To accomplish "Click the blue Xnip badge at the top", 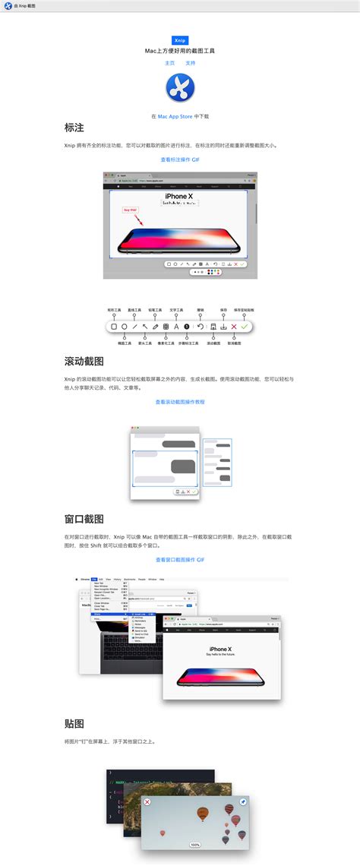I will click(180, 40).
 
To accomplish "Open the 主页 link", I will click(169, 63).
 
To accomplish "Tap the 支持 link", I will click(190, 63).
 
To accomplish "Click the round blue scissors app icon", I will click(180, 89).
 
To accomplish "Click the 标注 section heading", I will click(74, 128).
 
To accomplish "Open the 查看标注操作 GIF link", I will click(180, 160).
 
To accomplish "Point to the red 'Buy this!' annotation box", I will click(130, 210).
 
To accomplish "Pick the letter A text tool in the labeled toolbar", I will click(176, 326).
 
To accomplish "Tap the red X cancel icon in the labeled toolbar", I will click(234, 326).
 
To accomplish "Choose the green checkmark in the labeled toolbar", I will click(244, 326).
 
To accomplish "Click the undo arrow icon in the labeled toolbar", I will click(201, 326).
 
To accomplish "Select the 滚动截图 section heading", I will click(84, 362).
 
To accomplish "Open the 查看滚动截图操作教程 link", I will click(180, 402).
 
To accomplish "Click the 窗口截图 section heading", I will click(84, 519).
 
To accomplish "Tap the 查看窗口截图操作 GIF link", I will click(180, 560).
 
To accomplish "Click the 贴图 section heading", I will click(74, 722).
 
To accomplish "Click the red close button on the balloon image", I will click(147, 802).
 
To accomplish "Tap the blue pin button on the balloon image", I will click(243, 802).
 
